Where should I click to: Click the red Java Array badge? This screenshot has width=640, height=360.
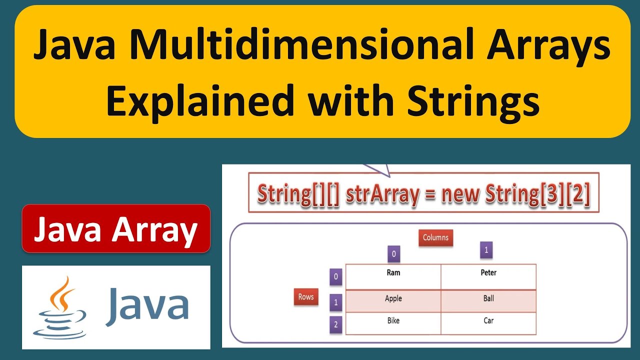[x=116, y=229]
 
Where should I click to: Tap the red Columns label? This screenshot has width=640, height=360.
[x=435, y=237]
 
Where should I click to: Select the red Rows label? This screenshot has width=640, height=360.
[x=305, y=297]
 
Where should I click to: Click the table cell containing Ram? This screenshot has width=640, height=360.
[x=393, y=276]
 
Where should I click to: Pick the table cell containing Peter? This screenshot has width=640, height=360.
[x=488, y=276]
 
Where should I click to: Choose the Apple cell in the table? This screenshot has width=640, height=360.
[x=393, y=301]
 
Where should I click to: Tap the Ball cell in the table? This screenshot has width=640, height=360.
[x=488, y=301]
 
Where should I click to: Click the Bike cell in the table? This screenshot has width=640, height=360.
[x=393, y=323]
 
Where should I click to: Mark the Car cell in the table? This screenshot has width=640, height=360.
[x=488, y=323]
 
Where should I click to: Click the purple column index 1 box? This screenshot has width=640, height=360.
[x=486, y=250]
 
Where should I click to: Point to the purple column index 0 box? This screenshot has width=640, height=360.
[x=393, y=254]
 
